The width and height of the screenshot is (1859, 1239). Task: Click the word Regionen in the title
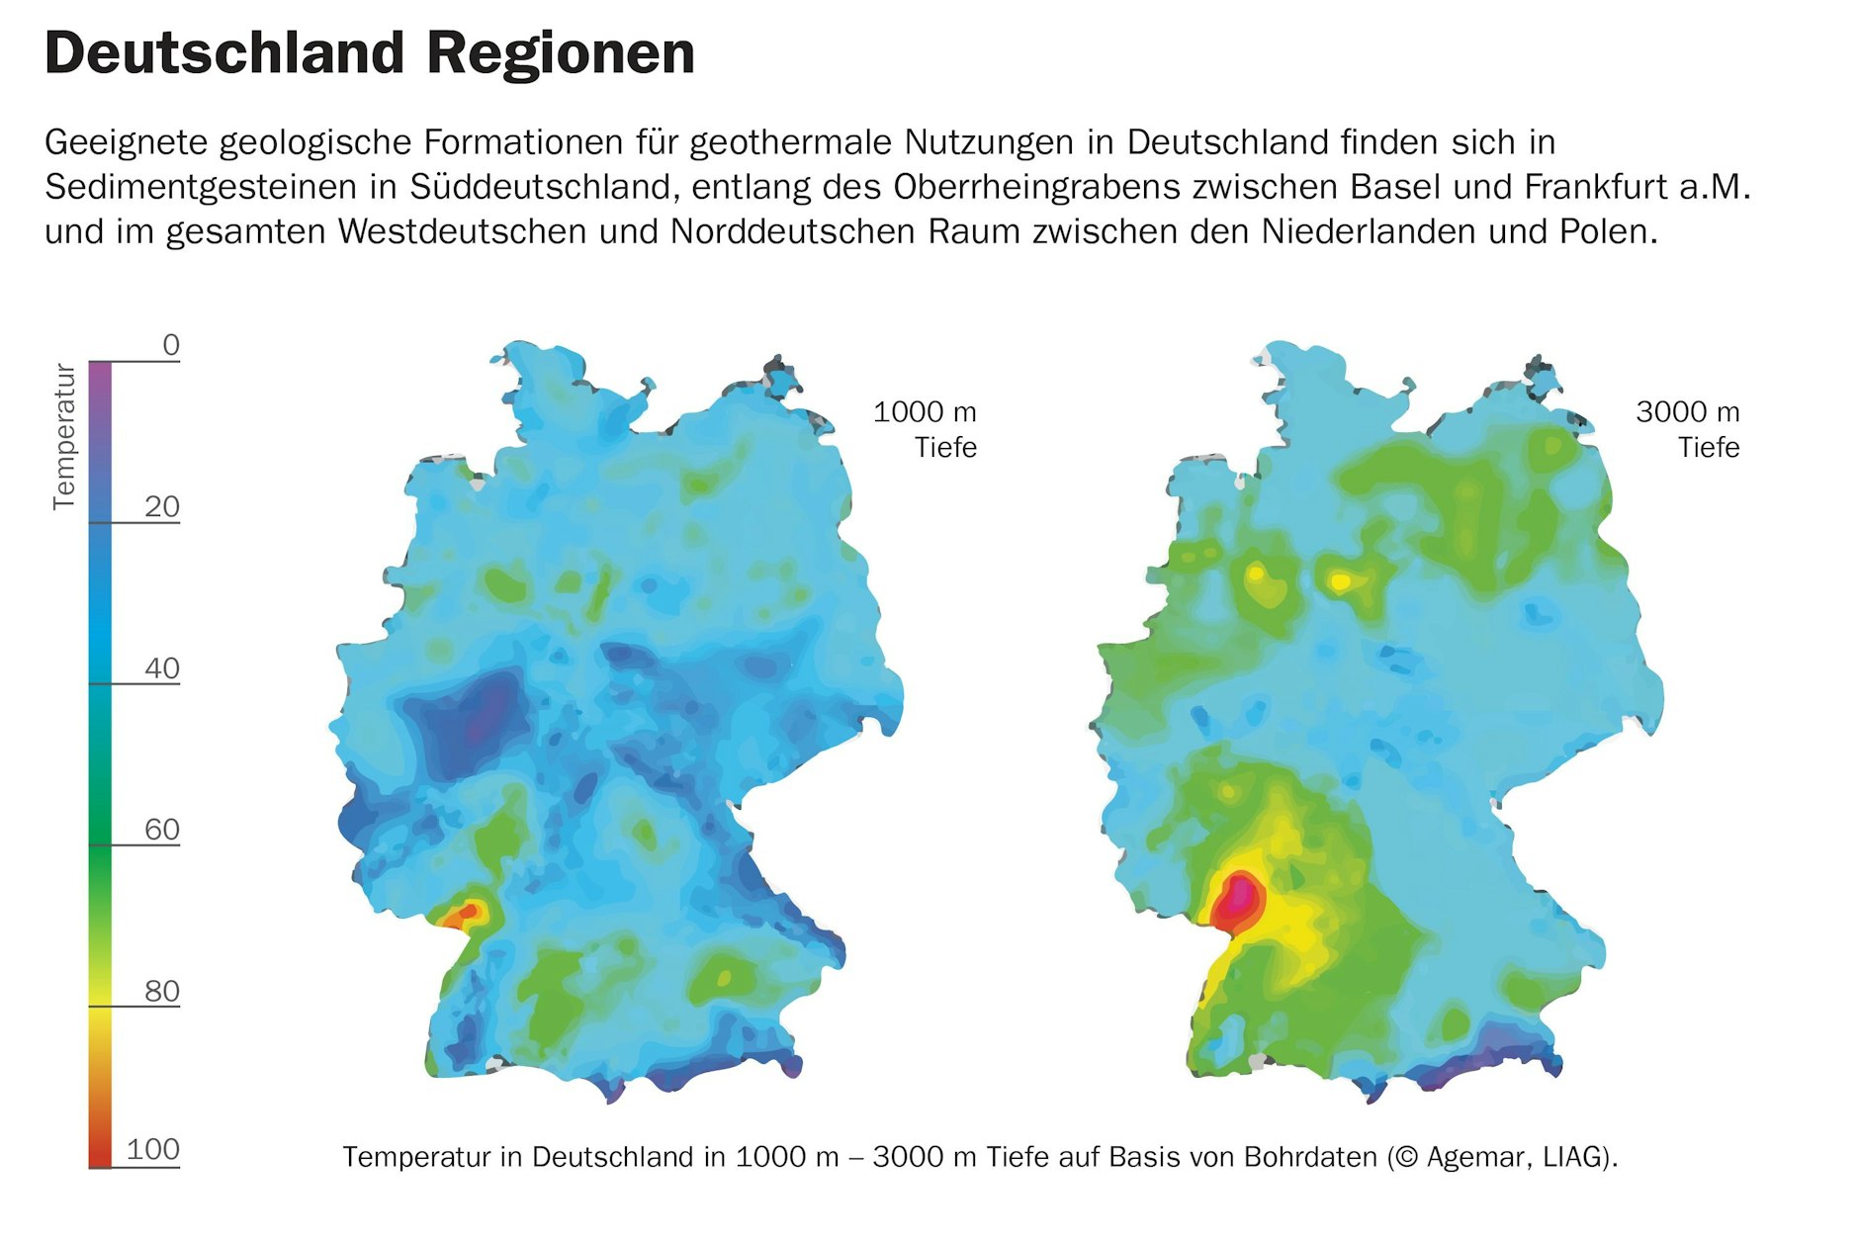[561, 55]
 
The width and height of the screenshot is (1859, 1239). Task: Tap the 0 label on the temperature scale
[171, 345]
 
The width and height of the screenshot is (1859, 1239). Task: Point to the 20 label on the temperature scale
[162, 507]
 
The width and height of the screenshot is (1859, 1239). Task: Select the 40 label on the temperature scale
[162, 668]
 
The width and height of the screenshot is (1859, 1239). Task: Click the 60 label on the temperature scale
[162, 830]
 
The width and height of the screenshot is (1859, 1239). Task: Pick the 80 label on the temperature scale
[162, 991]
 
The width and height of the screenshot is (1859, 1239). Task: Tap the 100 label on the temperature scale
[153, 1149]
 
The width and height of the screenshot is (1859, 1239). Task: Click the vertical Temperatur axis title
[64, 436]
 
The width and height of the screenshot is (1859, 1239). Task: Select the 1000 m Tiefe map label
[926, 429]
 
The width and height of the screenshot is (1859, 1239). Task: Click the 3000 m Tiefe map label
[1688, 429]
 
